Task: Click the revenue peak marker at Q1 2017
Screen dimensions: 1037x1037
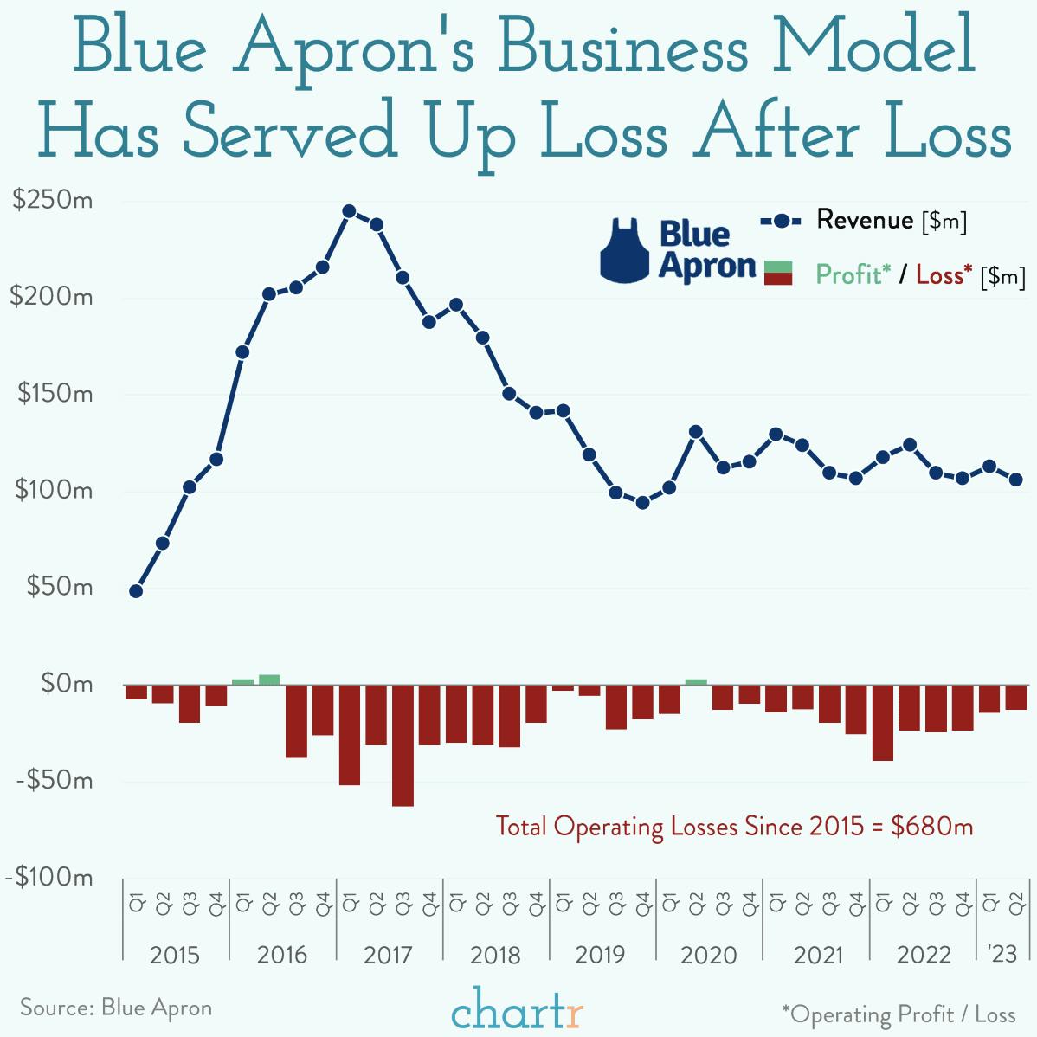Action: [349, 211]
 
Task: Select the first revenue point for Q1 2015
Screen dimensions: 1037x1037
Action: [136, 591]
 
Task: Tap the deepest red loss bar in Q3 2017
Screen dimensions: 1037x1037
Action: [403, 744]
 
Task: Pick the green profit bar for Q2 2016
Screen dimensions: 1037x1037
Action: [269, 680]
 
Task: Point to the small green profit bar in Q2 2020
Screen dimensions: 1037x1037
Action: [696, 681]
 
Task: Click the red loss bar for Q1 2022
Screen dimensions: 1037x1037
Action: [882, 722]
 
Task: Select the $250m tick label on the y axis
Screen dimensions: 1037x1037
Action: [53, 201]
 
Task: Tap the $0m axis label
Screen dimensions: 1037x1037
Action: [66, 684]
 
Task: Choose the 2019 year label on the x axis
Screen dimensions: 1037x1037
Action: [600, 955]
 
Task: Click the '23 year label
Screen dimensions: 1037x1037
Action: [1002, 953]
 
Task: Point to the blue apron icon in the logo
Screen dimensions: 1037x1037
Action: [624, 252]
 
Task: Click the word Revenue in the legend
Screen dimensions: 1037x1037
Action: [864, 220]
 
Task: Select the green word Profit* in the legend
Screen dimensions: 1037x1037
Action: [853, 274]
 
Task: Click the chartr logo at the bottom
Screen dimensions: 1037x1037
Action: [517, 1009]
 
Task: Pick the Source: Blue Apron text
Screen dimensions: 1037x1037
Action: [116, 1008]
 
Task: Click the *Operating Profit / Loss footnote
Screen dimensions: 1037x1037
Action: [898, 1014]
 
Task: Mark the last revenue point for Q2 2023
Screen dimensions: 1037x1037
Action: [1015, 480]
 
